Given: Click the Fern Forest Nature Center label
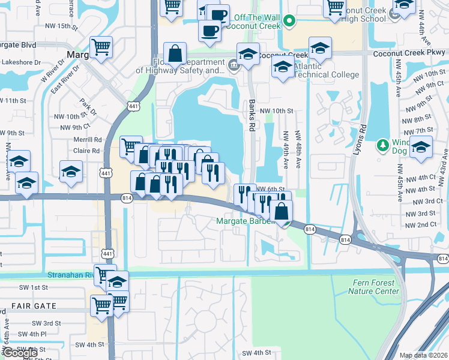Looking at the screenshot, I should (373, 287).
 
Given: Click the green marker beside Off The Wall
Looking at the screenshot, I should (289, 22).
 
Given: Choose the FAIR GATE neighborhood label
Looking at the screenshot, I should (33, 306).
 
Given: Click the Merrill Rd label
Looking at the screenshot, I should (87, 140).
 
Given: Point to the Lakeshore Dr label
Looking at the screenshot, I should (20, 62).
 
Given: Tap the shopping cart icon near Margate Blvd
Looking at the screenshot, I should (101, 46).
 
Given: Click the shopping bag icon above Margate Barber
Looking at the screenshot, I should (281, 211).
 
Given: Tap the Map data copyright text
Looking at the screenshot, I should (423, 355).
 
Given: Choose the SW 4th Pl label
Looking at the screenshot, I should (31, 334).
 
